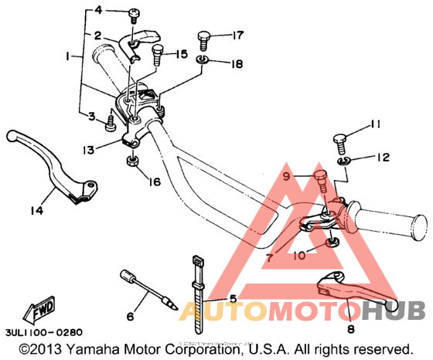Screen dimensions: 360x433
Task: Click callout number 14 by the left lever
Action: click(x=36, y=209)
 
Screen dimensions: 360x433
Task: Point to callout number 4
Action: click(x=98, y=10)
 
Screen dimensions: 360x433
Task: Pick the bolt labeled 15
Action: click(x=158, y=55)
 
